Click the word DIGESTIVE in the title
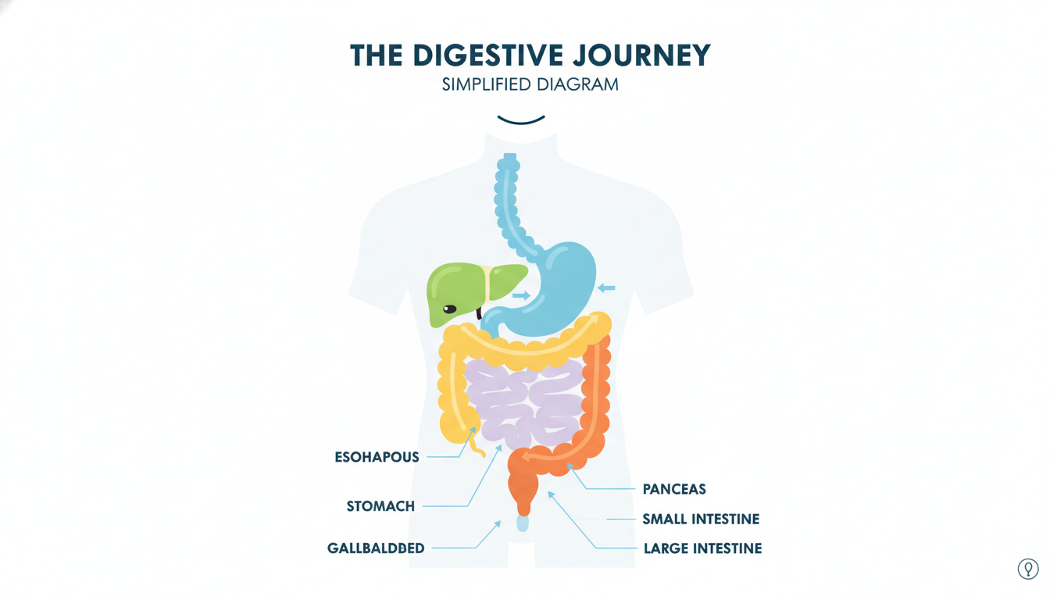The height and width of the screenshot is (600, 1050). pos(488,55)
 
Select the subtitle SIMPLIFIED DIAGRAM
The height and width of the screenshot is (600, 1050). pos(530,84)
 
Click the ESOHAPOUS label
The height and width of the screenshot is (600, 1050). pos(377,457)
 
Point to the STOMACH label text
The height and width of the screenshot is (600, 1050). pos(380,506)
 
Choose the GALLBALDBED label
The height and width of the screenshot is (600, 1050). pos(376,548)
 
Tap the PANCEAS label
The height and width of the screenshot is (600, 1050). pos(674,489)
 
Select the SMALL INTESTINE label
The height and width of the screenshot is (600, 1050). pos(701,519)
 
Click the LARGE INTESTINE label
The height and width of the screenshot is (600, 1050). pos(702,548)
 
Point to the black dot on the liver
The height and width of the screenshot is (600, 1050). pos(449,309)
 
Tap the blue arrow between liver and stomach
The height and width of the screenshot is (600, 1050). pos(521,295)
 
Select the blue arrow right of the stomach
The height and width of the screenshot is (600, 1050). pos(606,287)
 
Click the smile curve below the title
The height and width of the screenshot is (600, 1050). pos(521,121)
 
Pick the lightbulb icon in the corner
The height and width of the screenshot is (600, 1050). pos(1028,569)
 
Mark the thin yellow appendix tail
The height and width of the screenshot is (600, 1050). pos(475,443)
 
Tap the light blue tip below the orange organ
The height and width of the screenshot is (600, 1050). pos(523,523)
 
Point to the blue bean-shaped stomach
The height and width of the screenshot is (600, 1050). pos(562,291)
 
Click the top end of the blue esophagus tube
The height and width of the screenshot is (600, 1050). pos(510,155)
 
